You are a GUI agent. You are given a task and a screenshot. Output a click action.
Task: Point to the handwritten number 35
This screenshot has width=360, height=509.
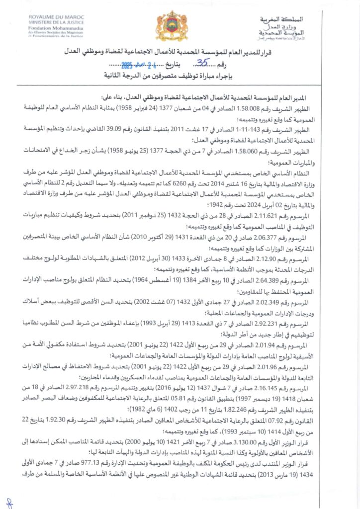(x=188, y=63)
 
